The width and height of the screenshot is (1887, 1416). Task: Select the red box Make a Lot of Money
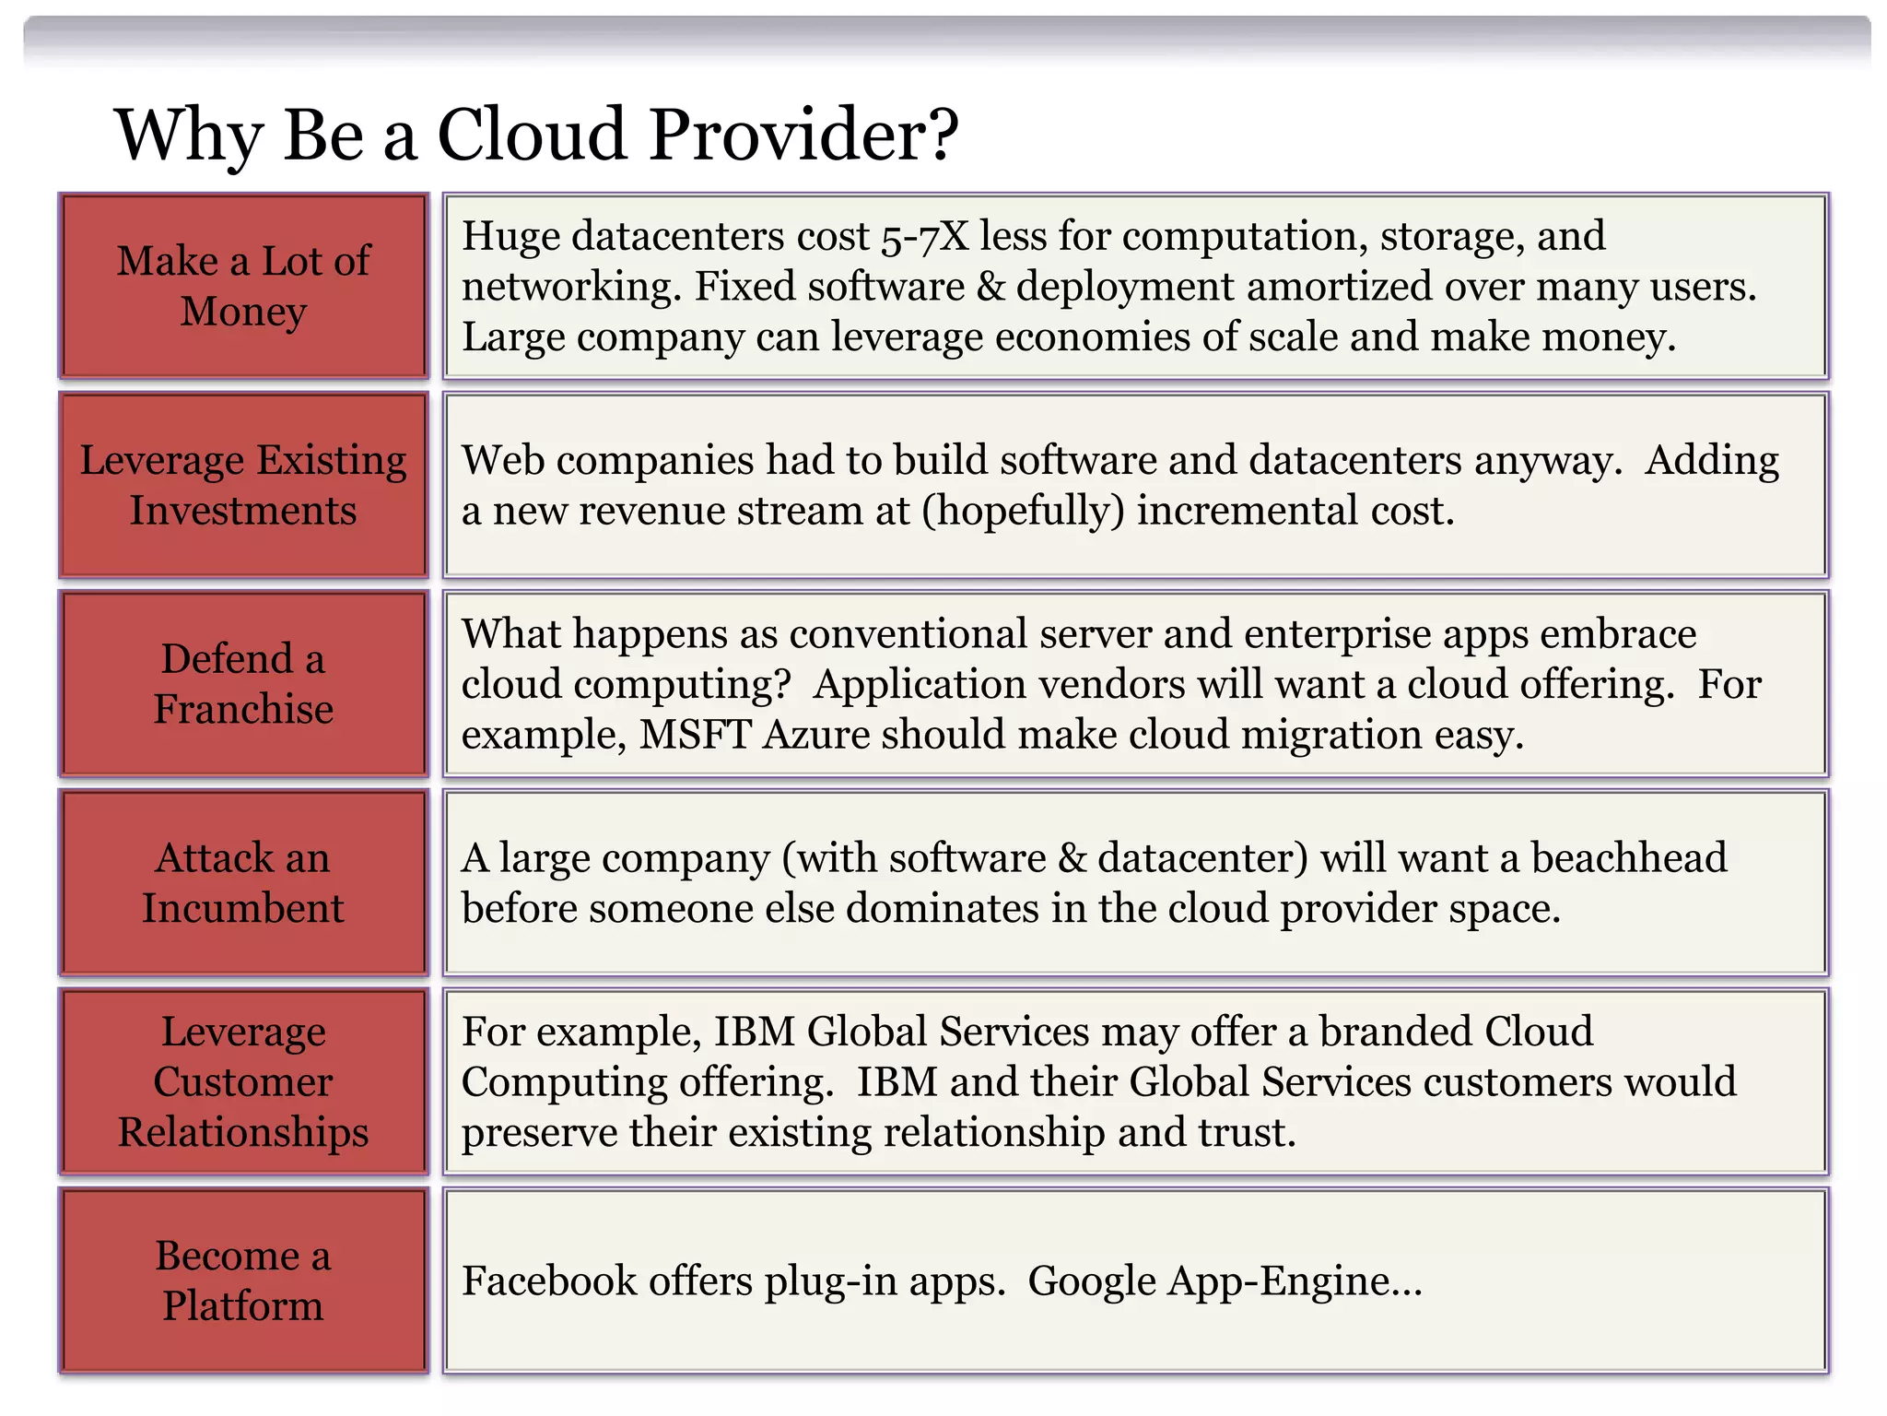[243, 286]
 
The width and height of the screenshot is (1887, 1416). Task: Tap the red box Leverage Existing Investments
[243, 485]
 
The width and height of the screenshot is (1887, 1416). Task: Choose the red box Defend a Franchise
[243, 684]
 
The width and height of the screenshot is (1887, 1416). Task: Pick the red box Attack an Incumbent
[243, 883]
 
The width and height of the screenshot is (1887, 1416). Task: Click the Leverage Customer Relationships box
[243, 1081]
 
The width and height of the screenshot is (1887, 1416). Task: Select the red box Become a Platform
[243, 1280]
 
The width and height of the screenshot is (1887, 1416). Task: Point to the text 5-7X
[924, 237]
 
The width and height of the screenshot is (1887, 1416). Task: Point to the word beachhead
[1628, 858]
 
